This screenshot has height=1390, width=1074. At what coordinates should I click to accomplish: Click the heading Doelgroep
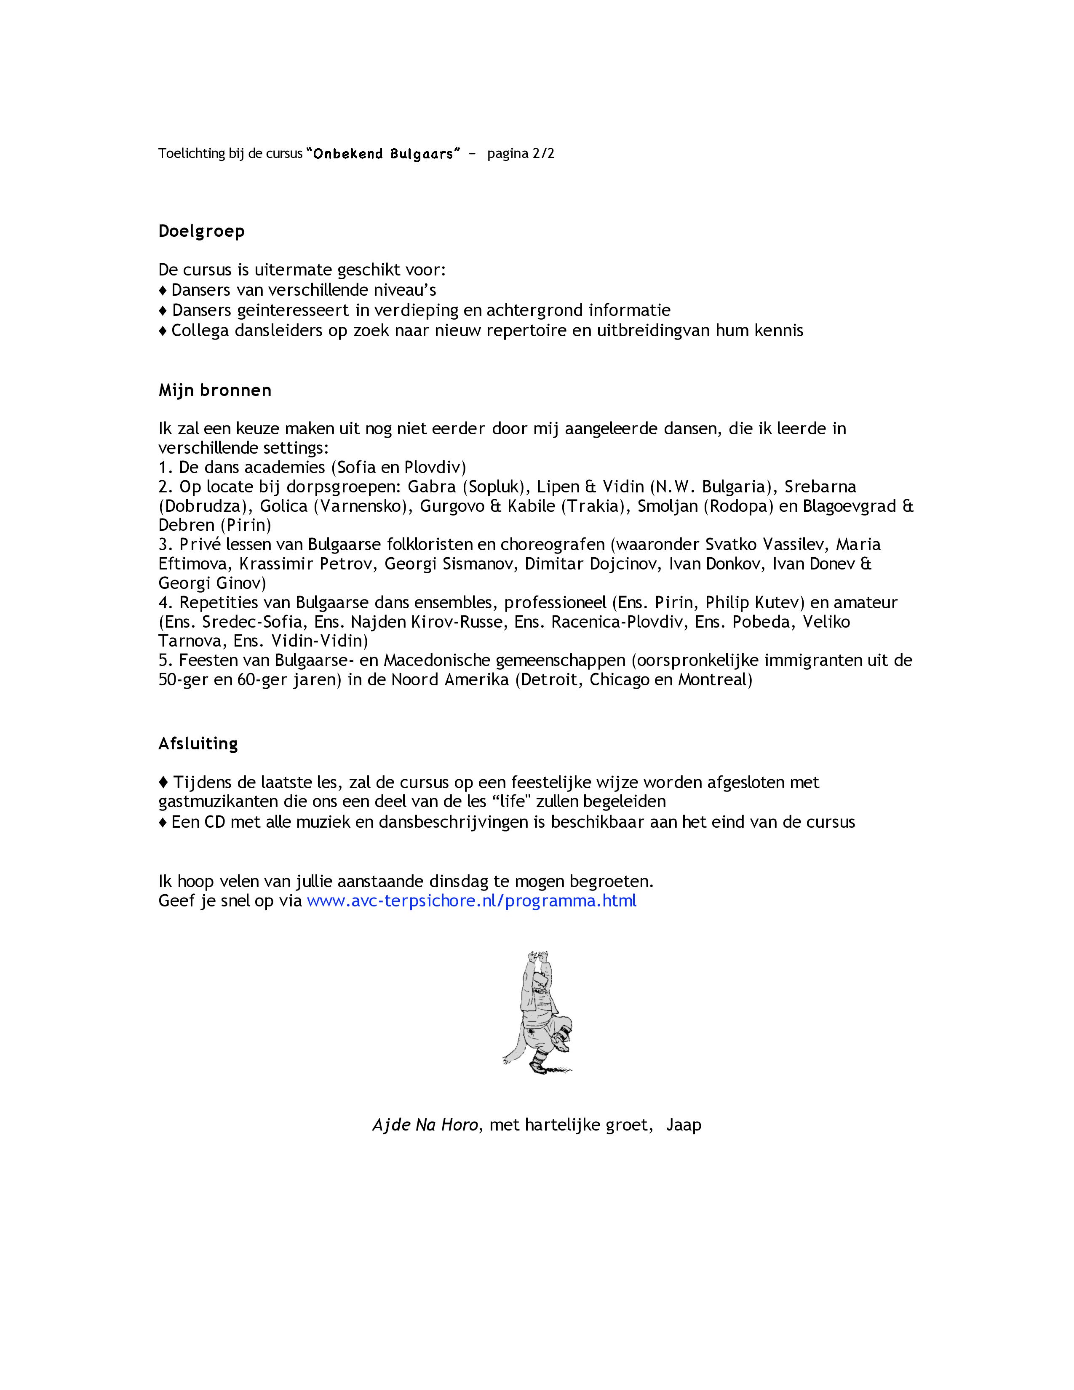tap(201, 231)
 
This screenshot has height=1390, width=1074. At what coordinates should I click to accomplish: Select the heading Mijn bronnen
tap(214, 390)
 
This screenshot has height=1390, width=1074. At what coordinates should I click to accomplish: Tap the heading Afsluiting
tap(198, 743)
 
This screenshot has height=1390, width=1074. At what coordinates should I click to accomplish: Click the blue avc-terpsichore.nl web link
tap(471, 901)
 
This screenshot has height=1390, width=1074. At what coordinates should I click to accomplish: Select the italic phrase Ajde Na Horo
tap(425, 1125)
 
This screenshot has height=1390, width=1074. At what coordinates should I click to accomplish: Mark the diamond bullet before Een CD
tap(163, 822)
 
